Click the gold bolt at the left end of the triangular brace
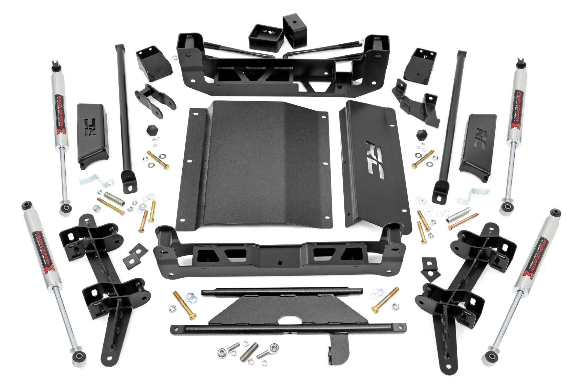pos(185,304)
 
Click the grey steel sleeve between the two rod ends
pos(249,351)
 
